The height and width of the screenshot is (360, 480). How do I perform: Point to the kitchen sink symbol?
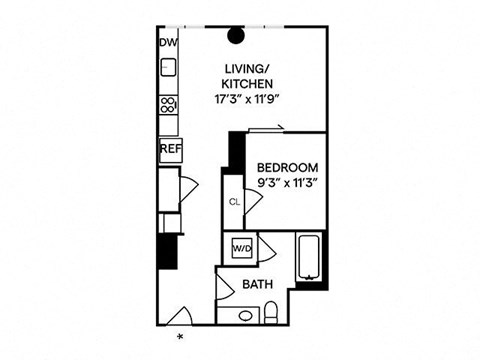coord(168,69)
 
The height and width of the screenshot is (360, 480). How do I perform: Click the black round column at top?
coord(237,37)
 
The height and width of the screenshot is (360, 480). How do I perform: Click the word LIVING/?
coord(243,68)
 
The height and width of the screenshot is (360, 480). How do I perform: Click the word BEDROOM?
coord(287,167)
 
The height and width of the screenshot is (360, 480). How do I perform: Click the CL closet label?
coord(233,202)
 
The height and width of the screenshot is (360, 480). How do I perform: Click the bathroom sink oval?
coord(246,317)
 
